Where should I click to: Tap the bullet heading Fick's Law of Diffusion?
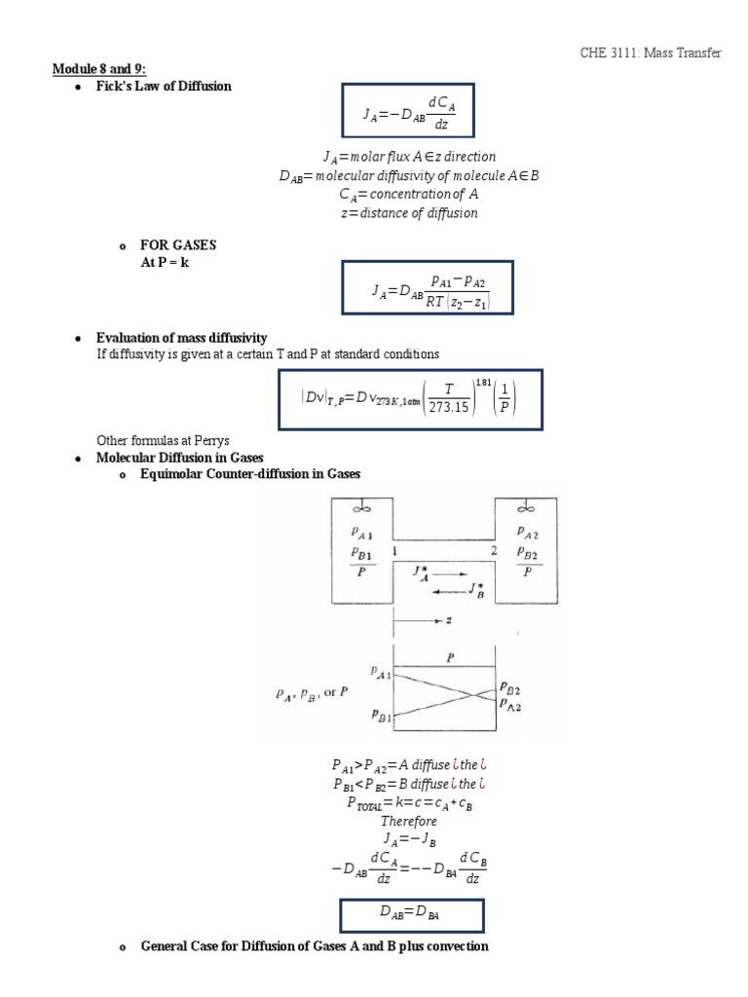pyautogui.click(x=164, y=86)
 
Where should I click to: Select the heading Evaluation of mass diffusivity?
pyautogui.click(x=180, y=337)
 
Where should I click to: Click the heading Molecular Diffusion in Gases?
pyautogui.click(x=180, y=457)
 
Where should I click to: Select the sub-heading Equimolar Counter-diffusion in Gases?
pyautogui.click(x=250, y=474)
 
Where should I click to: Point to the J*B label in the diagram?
pyautogui.click(x=475, y=589)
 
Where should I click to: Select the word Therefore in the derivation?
pyautogui.click(x=409, y=821)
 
